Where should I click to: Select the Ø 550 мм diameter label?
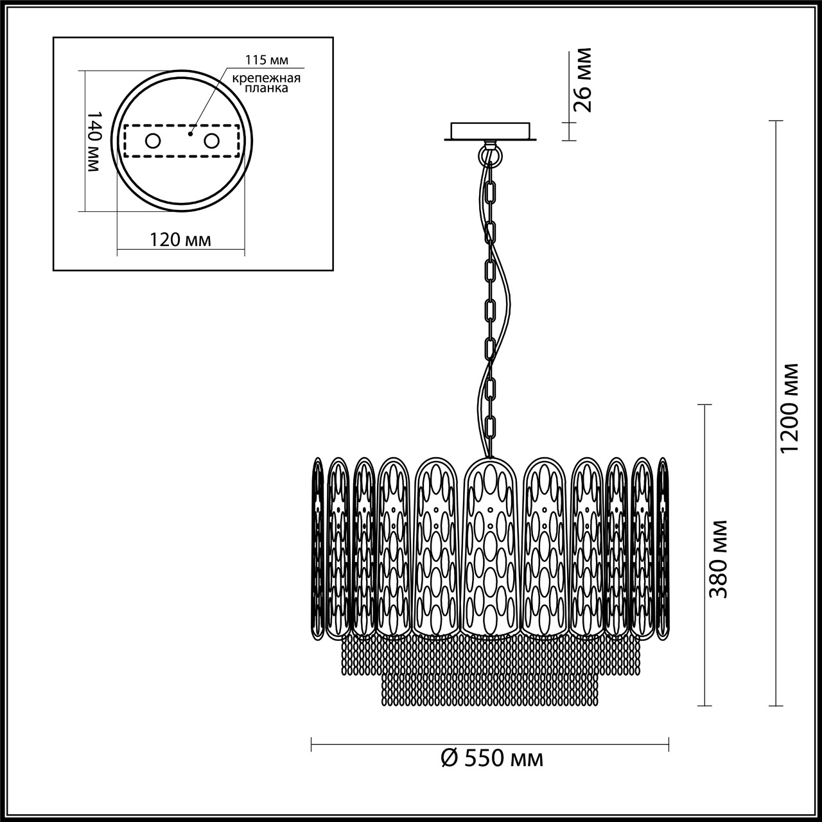[x=492, y=758]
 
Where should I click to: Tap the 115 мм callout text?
[x=267, y=60]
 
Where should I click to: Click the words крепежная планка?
[x=267, y=84]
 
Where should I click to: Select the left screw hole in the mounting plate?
[x=153, y=141]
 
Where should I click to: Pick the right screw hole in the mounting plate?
[x=211, y=141]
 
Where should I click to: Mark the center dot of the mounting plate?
[x=189, y=135]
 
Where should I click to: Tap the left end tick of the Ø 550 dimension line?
[x=311, y=744]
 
